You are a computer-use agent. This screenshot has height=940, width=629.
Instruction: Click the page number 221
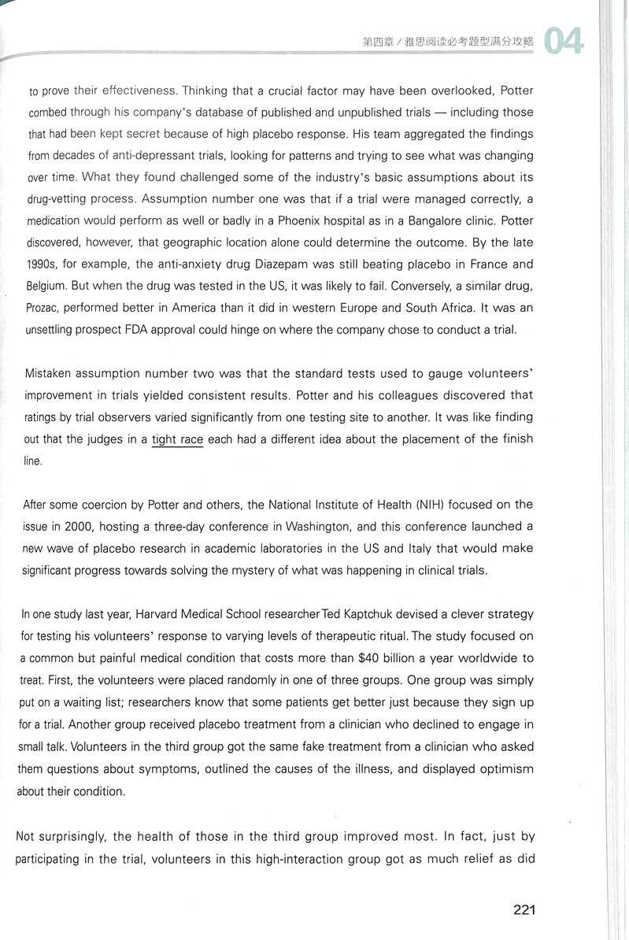pyautogui.click(x=524, y=910)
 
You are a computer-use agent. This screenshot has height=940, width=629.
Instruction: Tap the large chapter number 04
pyautogui.click(x=564, y=41)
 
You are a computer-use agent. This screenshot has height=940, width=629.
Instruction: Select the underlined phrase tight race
pyautogui.click(x=178, y=439)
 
